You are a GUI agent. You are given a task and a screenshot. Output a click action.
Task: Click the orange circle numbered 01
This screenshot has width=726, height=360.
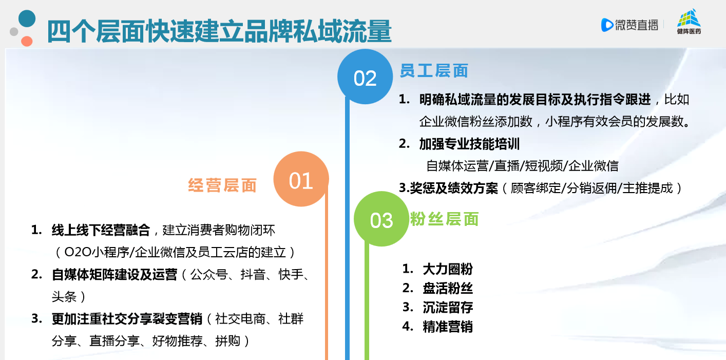pos(301,179)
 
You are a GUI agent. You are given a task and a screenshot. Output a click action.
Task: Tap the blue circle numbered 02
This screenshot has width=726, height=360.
pos(365,77)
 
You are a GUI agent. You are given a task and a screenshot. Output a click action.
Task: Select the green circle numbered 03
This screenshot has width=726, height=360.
pos(381,219)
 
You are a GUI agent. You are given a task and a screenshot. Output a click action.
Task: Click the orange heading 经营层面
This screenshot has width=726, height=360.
pos(222,185)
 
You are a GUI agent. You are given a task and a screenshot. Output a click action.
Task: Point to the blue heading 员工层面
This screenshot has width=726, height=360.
pos(434,71)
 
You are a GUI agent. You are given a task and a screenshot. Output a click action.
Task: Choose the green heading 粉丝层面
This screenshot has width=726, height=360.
pos(444,219)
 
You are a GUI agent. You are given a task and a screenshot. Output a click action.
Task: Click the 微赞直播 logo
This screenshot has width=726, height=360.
pos(629,25)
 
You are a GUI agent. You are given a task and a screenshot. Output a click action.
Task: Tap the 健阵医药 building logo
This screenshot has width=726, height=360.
pos(689,22)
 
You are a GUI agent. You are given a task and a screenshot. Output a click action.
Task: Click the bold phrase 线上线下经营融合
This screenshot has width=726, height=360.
pos(101,230)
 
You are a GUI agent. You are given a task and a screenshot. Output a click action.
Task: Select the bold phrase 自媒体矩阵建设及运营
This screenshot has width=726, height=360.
pos(114,274)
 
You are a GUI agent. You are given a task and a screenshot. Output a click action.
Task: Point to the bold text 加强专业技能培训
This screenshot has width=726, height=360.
pos(469,144)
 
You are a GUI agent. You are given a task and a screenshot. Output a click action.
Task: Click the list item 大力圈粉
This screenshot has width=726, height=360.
pos(448,269)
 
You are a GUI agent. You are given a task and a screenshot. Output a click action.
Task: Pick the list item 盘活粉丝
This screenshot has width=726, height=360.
pos(448,288)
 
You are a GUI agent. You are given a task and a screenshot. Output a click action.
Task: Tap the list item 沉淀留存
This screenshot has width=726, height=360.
pos(448,307)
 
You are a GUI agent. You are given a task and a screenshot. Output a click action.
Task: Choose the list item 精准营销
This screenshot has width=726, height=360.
pos(448,327)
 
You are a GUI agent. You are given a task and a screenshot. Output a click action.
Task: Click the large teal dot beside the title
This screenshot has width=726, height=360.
pos(27,18)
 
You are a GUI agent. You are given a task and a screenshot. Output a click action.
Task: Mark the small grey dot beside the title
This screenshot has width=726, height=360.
pos(14,31)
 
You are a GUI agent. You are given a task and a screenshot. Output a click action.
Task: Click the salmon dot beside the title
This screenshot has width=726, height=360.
pos(27,41)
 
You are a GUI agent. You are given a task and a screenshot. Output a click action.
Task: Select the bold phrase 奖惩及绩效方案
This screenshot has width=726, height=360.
pos(454,188)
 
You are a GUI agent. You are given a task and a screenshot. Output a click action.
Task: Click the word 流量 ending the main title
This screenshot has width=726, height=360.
pos(367,31)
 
